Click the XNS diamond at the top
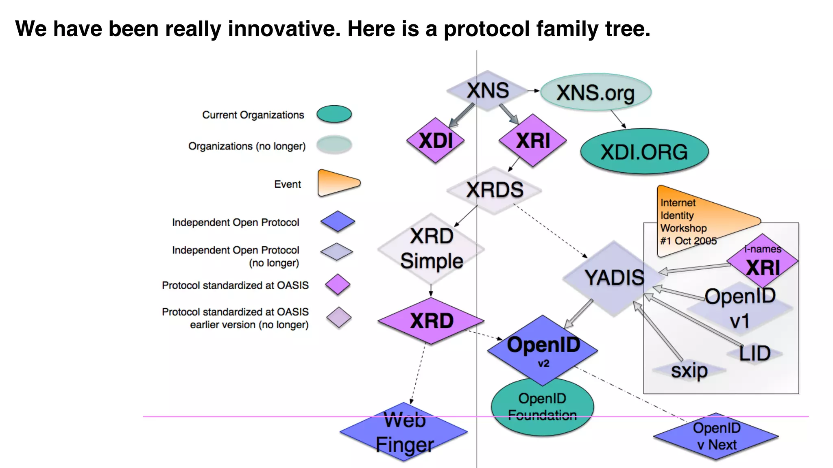tap(487, 91)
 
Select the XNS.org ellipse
tap(595, 93)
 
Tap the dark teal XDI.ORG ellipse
tap(644, 152)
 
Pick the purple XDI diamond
tap(436, 141)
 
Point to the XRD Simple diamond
tap(431, 249)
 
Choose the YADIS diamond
tap(613, 278)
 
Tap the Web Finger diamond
tap(404, 432)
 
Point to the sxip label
tap(689, 370)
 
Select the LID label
tap(754, 353)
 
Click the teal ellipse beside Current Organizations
tap(334, 114)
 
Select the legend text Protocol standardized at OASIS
tap(235, 286)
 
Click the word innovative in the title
tap(283, 29)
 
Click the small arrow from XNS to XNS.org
tap(534, 91)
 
